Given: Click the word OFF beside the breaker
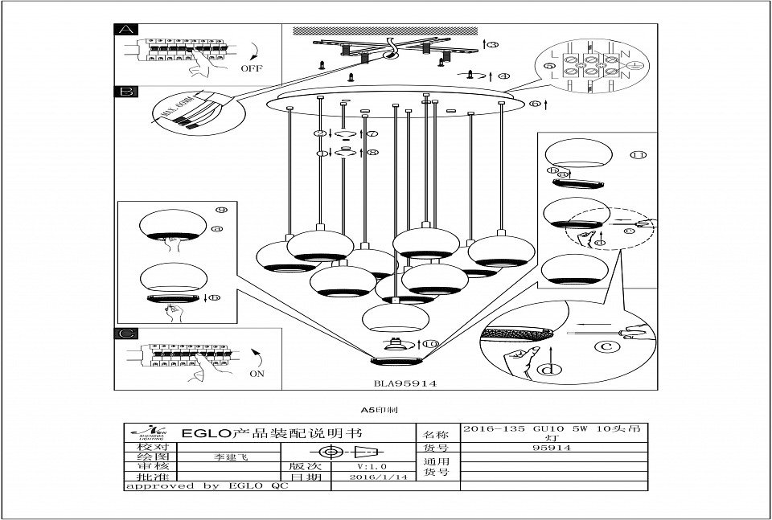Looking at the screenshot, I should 252,68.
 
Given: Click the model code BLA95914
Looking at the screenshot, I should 405,384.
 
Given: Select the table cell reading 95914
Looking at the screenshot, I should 552,448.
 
